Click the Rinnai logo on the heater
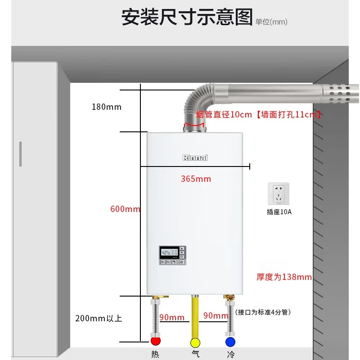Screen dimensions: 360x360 pyautogui.click(x=195, y=158)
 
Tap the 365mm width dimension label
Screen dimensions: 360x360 pyautogui.click(x=196, y=179)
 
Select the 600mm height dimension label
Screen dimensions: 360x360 pyautogui.click(x=125, y=209)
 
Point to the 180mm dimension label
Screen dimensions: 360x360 pyautogui.click(x=107, y=107)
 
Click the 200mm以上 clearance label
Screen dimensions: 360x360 pyautogui.click(x=99, y=319)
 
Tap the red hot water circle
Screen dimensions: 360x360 pyautogui.click(x=156, y=342)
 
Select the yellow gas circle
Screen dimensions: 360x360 pyautogui.click(x=195, y=342)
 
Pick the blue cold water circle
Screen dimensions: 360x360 pyautogui.click(x=231, y=342)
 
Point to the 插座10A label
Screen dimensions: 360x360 pyautogui.click(x=279, y=211)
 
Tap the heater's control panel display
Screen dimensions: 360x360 pyautogui.click(x=168, y=253)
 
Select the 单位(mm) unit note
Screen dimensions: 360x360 pyautogui.click(x=271, y=22)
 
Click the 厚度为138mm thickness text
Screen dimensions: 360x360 pyautogui.click(x=284, y=277)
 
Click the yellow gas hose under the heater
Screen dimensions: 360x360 pyautogui.click(x=195, y=315)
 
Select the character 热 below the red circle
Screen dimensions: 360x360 pyautogui.click(x=155, y=355)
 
